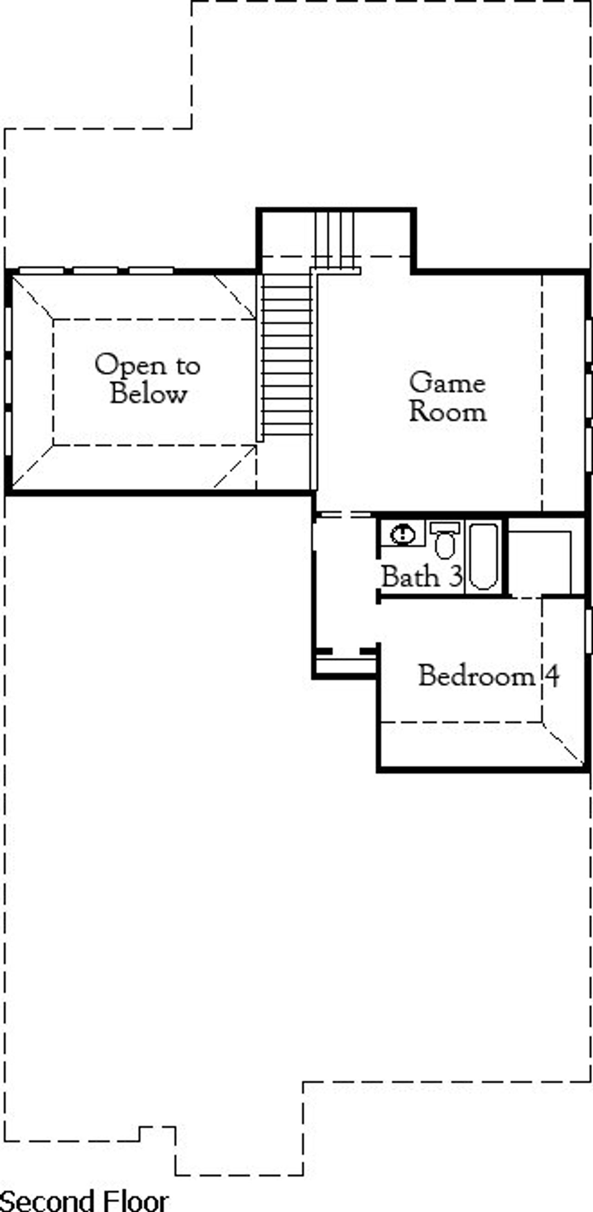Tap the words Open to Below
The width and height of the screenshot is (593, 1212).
(148, 379)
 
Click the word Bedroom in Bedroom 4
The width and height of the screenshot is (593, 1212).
(476, 676)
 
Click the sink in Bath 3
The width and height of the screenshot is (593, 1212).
(403, 534)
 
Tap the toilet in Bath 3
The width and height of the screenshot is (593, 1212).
(444, 541)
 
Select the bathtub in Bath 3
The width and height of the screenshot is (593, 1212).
(483, 556)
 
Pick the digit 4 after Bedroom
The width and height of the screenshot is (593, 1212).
(552, 676)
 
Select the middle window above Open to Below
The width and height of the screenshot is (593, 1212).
(95, 270)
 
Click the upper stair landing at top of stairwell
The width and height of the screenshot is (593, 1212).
(335, 235)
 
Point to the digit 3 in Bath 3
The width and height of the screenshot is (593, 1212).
(455, 576)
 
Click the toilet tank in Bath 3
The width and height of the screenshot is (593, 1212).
(444, 528)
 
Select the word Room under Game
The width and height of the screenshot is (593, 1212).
(448, 412)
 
